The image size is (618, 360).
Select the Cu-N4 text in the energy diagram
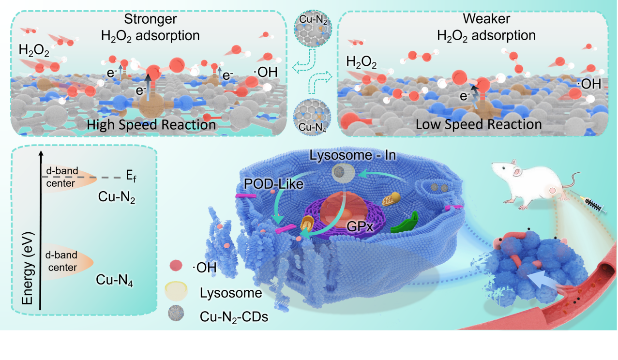(x=115, y=279)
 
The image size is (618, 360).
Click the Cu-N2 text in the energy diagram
(x=115, y=196)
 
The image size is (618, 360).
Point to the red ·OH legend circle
(x=176, y=266)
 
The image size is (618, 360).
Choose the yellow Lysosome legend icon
(x=177, y=291)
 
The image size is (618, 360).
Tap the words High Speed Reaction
(x=151, y=124)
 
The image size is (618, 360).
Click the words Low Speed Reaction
(x=479, y=124)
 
